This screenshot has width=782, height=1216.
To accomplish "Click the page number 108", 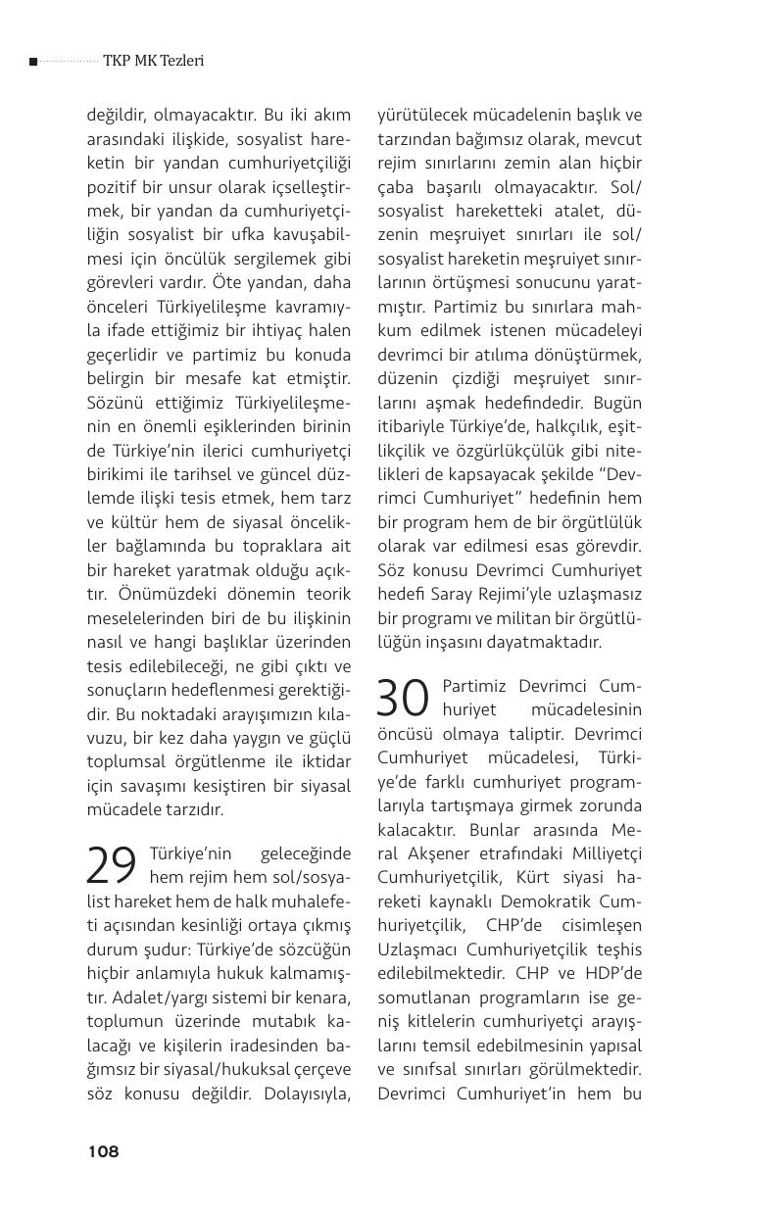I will pos(103,1151).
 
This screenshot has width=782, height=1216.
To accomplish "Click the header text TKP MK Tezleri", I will pos(153,61).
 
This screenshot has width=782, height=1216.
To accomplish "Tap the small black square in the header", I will pos(33,62).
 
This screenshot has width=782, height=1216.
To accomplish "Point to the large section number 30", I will pos(404,698).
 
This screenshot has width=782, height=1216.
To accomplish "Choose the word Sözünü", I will pos(115,403).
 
